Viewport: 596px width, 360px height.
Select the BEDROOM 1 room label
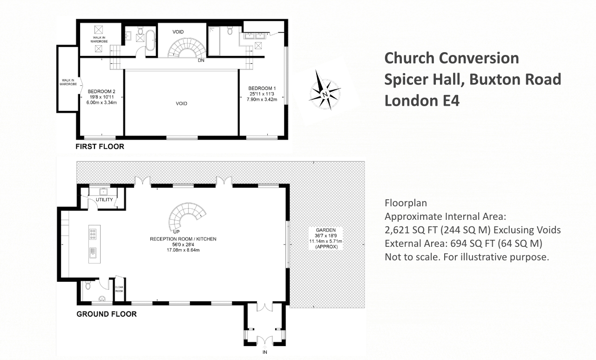262,88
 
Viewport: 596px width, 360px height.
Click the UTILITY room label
104,200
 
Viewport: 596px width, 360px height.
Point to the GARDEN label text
322,231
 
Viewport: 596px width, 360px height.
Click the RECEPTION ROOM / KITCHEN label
183,239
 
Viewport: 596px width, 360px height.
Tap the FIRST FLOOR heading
100,147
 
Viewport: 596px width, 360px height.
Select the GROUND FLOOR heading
107,314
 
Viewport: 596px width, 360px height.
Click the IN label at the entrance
264,352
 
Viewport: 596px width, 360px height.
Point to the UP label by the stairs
176,231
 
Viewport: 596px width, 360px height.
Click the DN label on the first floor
201,61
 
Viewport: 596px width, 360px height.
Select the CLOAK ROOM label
119,289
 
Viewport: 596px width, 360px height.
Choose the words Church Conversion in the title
451,58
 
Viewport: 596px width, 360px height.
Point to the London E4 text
422,101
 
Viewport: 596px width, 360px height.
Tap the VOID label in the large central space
182,103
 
